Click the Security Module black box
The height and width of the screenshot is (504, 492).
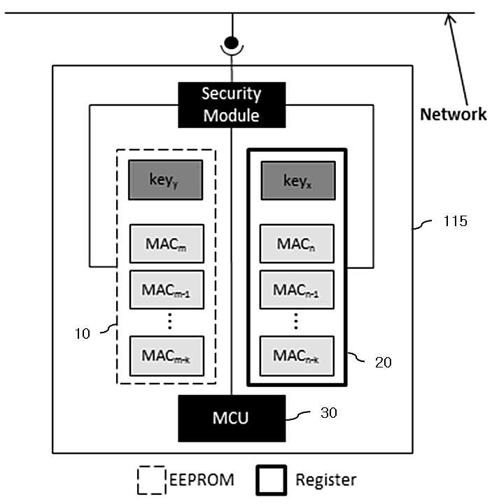(232, 105)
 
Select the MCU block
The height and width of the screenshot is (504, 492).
(232, 418)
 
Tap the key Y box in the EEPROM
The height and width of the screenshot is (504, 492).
(165, 180)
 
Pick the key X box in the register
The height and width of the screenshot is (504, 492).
(298, 181)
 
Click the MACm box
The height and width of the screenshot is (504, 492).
(167, 244)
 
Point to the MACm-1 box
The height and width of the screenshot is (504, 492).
(167, 290)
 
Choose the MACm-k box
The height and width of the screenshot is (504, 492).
(167, 356)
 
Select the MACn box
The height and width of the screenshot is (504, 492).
(297, 244)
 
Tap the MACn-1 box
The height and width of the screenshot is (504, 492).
(297, 290)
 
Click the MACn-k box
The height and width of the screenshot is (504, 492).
(297, 356)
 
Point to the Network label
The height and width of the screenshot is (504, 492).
(453, 114)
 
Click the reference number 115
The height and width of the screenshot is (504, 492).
(455, 221)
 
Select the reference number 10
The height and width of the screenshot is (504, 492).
(83, 334)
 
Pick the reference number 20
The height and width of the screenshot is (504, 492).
(383, 363)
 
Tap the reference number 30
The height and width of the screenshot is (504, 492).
(328, 413)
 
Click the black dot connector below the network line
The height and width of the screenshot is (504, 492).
(232, 43)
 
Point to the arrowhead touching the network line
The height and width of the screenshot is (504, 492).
(449, 18)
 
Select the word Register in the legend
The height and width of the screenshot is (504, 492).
(326, 480)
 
